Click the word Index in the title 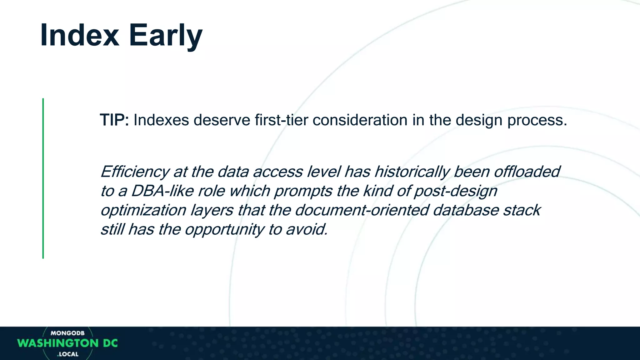tap(79, 35)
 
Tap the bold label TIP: tap(114, 120)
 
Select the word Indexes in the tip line tap(161, 120)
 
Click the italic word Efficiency tap(135, 172)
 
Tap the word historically tap(412, 172)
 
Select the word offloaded tap(527, 172)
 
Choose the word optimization tap(143, 210)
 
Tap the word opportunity tap(224, 230)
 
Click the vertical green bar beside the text tap(43, 178)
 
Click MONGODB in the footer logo tap(67, 333)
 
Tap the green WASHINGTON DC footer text tap(67, 343)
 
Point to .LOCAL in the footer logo tap(68, 354)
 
